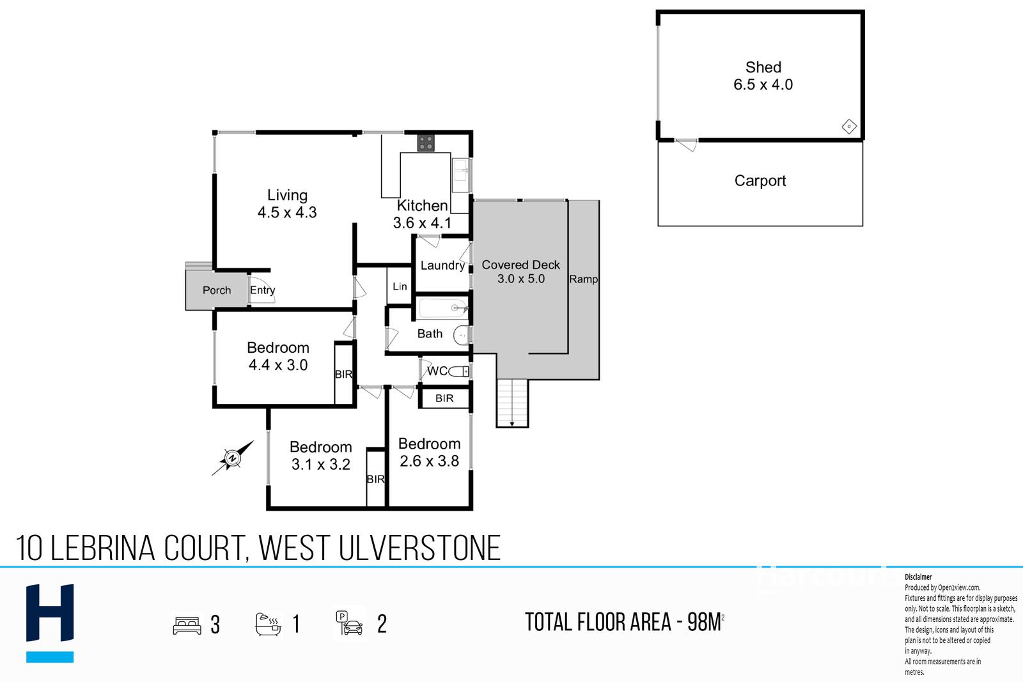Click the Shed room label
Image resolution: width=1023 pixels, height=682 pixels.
(x=763, y=75)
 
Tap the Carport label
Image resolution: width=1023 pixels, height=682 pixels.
(x=760, y=181)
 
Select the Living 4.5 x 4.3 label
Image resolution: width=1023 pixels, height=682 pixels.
(x=287, y=204)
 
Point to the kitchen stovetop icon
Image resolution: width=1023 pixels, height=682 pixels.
(x=425, y=143)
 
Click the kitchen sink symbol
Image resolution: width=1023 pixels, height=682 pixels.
(x=460, y=175)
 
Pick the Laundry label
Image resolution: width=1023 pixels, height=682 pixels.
(x=442, y=265)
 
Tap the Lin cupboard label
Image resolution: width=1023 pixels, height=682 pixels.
(x=400, y=286)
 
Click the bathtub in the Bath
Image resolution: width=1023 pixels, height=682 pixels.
(x=442, y=309)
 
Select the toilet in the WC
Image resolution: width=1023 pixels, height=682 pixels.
(x=458, y=371)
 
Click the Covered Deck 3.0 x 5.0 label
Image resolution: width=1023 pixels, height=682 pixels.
(x=520, y=272)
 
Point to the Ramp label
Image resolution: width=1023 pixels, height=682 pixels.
(x=583, y=279)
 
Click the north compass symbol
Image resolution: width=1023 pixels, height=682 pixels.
(x=232, y=458)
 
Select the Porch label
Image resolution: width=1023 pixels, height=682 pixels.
(x=217, y=290)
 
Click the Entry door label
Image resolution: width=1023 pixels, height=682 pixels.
(x=262, y=290)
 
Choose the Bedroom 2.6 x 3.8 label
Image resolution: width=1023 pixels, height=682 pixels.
(x=429, y=453)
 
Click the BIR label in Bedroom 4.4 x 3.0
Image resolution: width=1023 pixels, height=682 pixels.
(x=343, y=375)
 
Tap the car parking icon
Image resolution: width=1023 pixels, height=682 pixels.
(x=350, y=623)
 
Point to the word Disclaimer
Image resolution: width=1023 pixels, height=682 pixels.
(x=918, y=577)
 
